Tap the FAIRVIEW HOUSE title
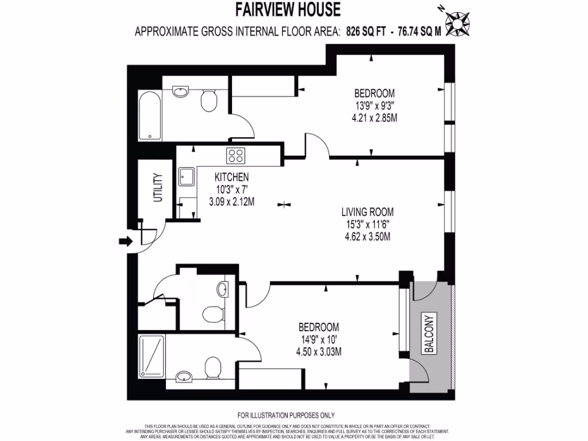point(288,10)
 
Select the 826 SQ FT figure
point(365,32)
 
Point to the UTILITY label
point(158,188)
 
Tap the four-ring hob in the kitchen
point(236,155)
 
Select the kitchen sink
point(187,177)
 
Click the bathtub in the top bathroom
point(150,114)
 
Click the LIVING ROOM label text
point(366,211)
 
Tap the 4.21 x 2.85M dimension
point(374,118)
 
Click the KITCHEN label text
point(231,177)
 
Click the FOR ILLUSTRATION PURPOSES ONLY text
point(286,415)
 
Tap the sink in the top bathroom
point(180,91)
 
